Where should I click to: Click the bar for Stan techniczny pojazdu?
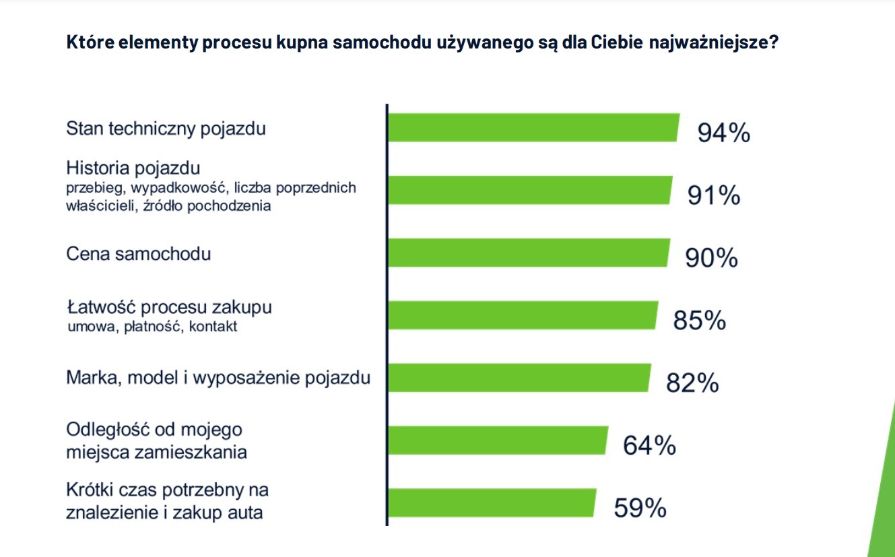tap(533, 128)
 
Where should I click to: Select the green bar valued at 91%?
tap(530, 190)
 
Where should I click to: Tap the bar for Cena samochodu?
tap(529, 253)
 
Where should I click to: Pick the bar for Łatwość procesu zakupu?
tap(523, 315)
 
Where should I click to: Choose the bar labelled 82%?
tap(519, 377)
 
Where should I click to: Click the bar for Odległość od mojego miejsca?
tap(498, 440)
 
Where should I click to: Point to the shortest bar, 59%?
tap(492, 502)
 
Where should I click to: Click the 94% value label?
tap(723, 133)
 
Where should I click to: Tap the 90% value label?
tap(711, 259)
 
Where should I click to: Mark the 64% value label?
tap(649, 445)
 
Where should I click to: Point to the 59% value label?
tap(640, 508)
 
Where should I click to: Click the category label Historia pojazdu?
tap(133, 168)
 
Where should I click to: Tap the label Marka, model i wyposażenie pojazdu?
tap(218, 378)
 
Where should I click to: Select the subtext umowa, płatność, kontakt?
tap(152, 327)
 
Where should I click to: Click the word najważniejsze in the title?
tap(713, 42)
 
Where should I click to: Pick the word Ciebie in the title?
tap(617, 42)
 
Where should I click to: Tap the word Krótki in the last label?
tap(88, 489)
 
